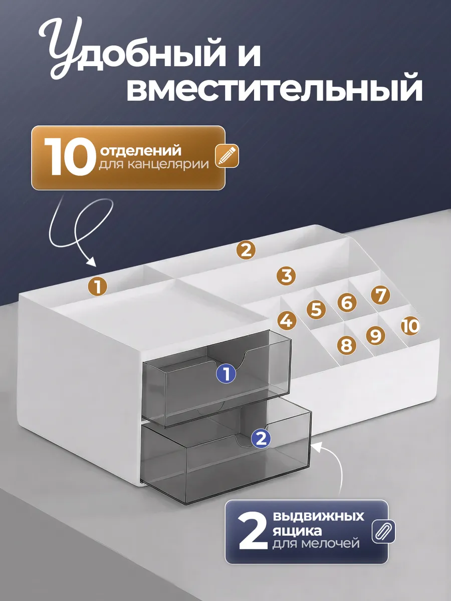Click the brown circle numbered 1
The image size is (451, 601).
pyautogui.click(x=98, y=286)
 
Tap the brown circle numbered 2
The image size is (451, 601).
pyautogui.click(x=246, y=250)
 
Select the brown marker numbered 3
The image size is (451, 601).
pyautogui.click(x=286, y=276)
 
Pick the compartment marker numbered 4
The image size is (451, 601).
pyautogui.click(x=287, y=321)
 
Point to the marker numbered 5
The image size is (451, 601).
pyautogui.click(x=316, y=310)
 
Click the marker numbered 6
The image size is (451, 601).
pyautogui.click(x=347, y=303)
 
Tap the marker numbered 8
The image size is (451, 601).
pyautogui.click(x=347, y=345)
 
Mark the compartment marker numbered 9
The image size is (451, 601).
pyautogui.click(x=375, y=335)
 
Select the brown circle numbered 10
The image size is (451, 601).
pyautogui.click(x=410, y=326)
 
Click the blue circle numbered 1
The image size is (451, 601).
pyautogui.click(x=226, y=374)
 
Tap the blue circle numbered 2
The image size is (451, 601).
pyautogui.click(x=261, y=438)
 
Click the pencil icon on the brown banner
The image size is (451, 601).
pyautogui.click(x=227, y=156)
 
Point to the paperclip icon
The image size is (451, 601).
pyautogui.click(x=383, y=531)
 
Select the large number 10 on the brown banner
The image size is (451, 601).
pyautogui.click(x=70, y=156)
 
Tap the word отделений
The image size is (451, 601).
pyautogui.click(x=141, y=150)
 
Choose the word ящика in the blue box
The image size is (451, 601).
pyautogui.click(x=297, y=531)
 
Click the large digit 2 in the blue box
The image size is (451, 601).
pyautogui.click(x=253, y=531)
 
